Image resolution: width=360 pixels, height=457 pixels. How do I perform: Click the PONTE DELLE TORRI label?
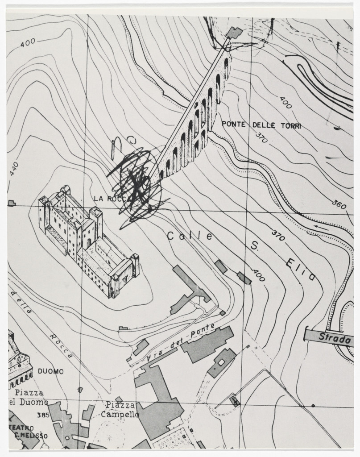click(x=261, y=125)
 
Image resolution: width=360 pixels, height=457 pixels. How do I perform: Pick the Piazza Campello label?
click(x=120, y=410)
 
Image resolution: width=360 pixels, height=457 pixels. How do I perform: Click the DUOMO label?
click(x=50, y=371)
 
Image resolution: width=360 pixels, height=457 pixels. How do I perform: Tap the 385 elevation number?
click(x=43, y=415)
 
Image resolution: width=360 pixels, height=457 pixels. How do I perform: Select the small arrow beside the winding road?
click(x=321, y=228)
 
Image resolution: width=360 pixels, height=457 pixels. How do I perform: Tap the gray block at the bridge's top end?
click(x=234, y=32)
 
